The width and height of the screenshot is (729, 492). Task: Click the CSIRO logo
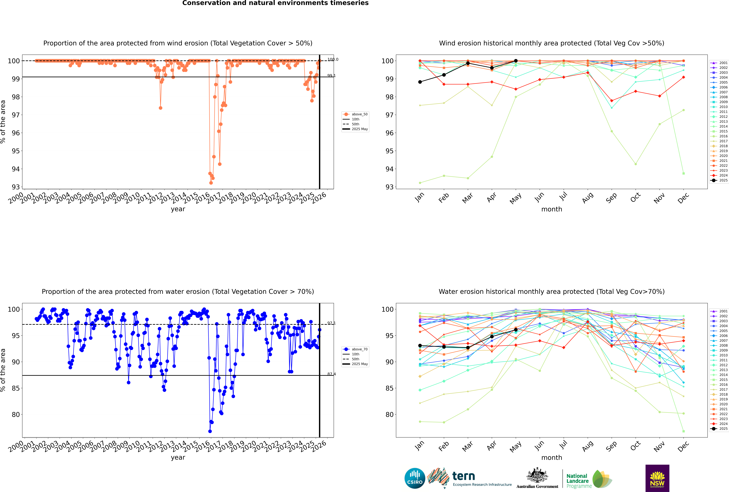415,478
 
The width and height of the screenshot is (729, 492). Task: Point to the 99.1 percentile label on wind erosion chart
331,76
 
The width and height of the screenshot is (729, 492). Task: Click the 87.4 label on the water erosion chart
331,374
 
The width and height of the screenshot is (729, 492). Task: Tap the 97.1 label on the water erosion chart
331,323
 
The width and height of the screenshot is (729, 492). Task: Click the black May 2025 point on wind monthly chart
516,61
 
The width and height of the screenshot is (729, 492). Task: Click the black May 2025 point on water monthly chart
516,330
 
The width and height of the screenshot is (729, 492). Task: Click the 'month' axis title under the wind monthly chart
552,209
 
